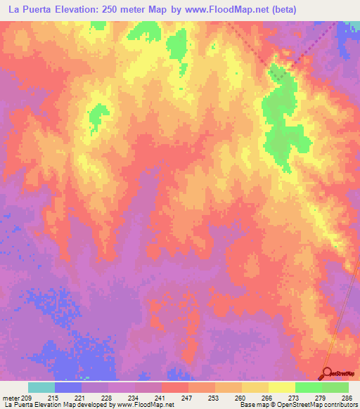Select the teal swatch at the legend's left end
41,387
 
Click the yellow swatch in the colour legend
281,387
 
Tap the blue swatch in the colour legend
68,387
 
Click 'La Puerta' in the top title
27,9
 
